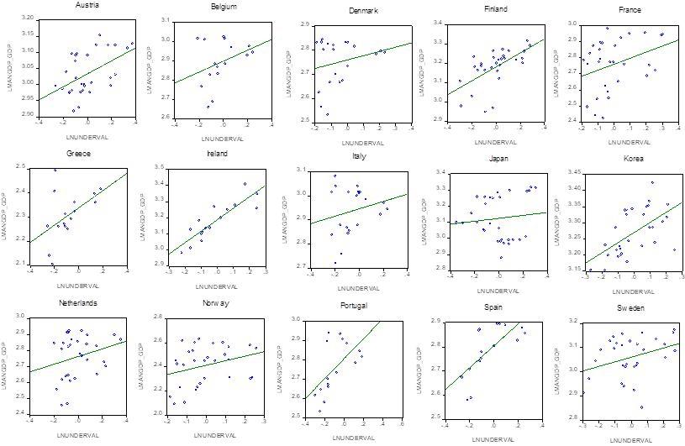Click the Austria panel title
87,4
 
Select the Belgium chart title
224,4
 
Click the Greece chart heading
77,154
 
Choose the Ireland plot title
217,154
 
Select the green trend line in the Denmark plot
361,55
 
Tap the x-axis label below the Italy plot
357,289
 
